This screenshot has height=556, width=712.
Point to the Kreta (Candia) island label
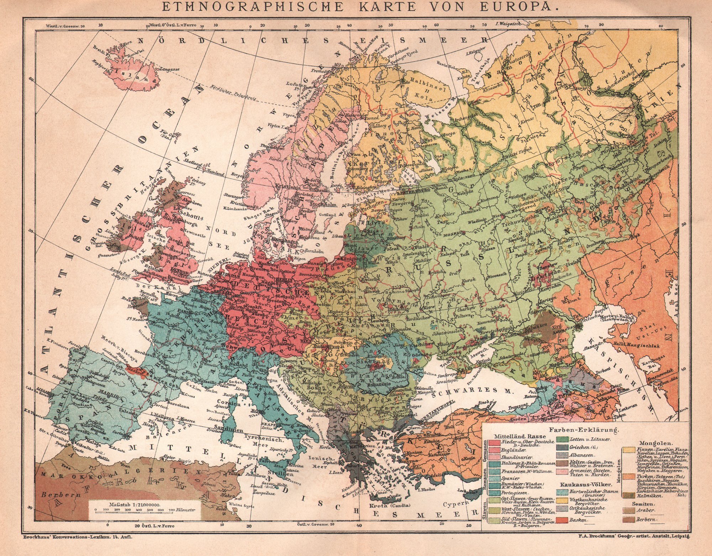coord(392,505)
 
